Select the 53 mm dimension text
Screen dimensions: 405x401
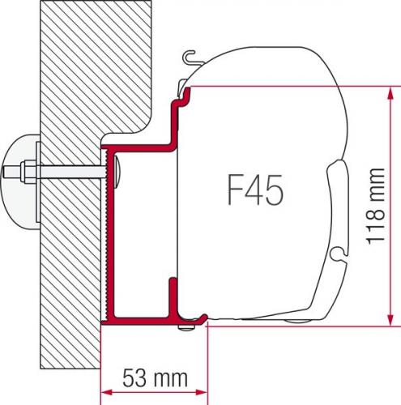pyautogui.click(x=154, y=378)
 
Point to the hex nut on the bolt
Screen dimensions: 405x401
pyautogui.click(x=24, y=173)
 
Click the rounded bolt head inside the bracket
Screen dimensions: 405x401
pyautogui.click(x=117, y=172)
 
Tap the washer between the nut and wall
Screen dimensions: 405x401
pyautogui.click(x=34, y=173)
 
